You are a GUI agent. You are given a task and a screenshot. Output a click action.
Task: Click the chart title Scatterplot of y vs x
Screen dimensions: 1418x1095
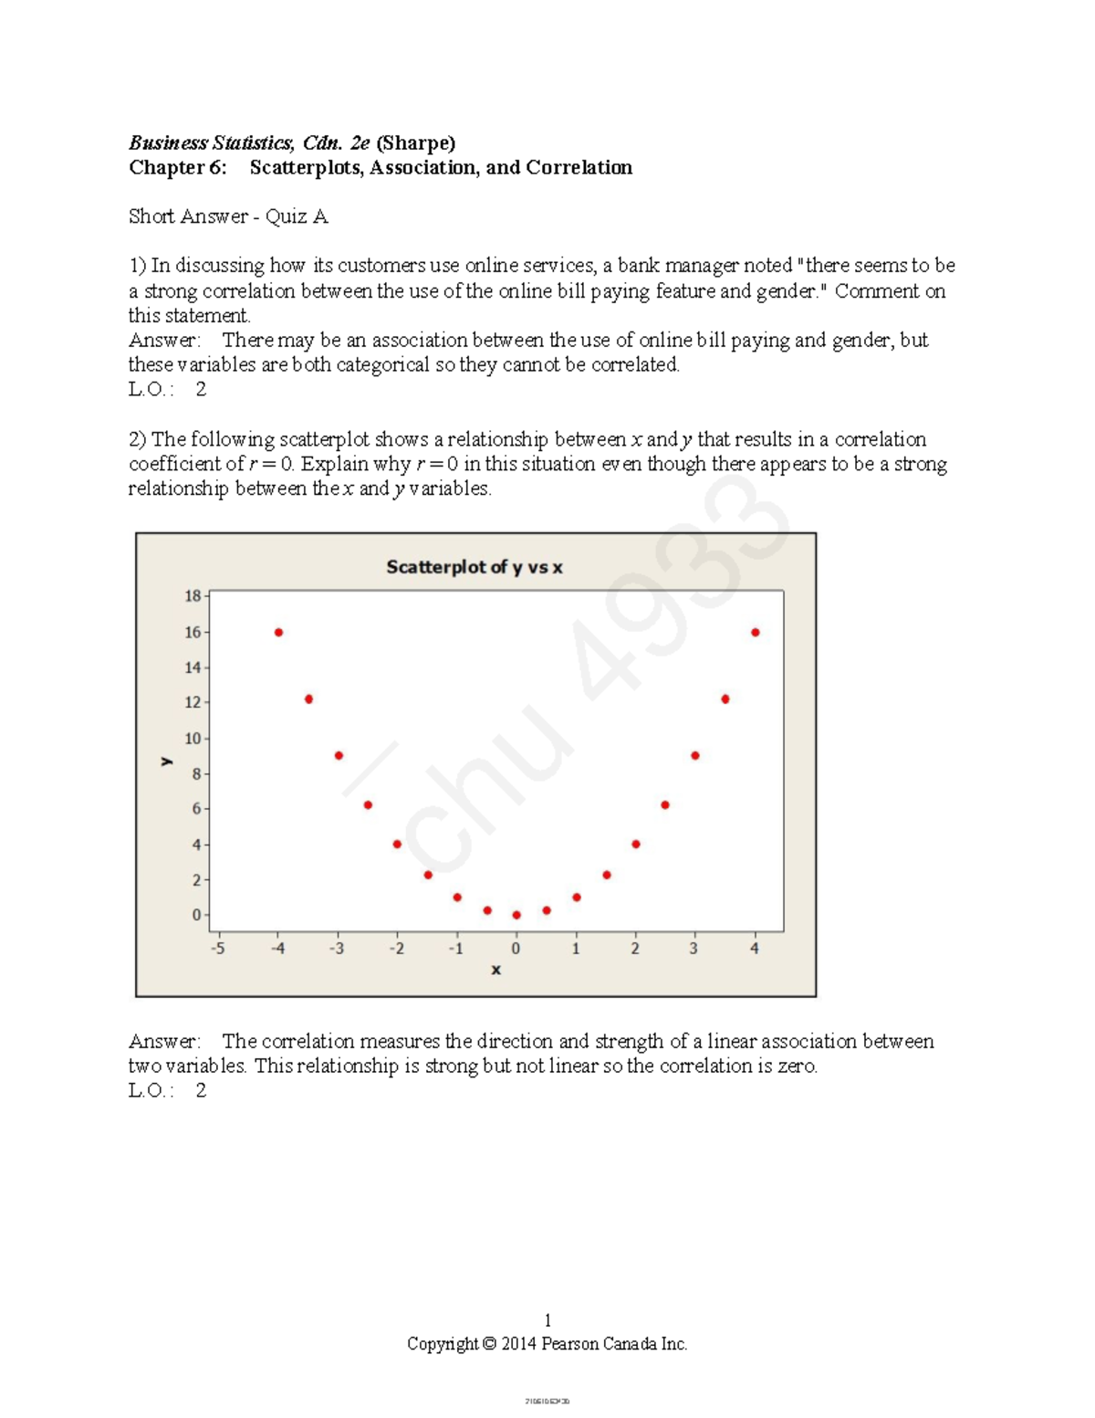(474, 567)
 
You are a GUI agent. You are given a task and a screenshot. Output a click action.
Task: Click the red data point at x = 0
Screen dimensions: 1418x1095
(516, 915)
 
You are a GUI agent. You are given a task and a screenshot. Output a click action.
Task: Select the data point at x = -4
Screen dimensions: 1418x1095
(278, 632)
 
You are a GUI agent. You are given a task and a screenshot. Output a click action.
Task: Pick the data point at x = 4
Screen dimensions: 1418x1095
(756, 632)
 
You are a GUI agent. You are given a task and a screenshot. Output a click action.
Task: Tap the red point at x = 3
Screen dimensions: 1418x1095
(695, 755)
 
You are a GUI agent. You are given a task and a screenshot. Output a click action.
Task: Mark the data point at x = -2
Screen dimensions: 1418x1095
(397, 844)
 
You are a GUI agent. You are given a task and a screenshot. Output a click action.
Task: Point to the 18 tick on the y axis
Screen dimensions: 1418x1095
(193, 596)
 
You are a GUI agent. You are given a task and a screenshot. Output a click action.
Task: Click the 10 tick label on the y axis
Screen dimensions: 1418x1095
(193, 738)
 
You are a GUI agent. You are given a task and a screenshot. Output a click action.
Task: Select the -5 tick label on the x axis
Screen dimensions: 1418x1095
(217, 949)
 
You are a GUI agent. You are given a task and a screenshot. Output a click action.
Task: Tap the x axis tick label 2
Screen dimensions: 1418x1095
(635, 949)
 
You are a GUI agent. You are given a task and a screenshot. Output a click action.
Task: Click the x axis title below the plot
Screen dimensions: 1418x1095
(495, 970)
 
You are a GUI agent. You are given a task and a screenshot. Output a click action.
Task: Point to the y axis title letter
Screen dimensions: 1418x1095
(166, 760)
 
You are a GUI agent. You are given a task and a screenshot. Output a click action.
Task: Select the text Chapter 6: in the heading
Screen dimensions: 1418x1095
(177, 167)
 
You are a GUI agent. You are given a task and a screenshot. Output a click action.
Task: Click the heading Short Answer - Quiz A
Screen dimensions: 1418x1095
(228, 216)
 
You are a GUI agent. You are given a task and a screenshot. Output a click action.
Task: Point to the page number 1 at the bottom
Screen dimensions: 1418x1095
(547, 1319)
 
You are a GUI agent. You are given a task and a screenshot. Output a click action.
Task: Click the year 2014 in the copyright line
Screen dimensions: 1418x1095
(518, 1343)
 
